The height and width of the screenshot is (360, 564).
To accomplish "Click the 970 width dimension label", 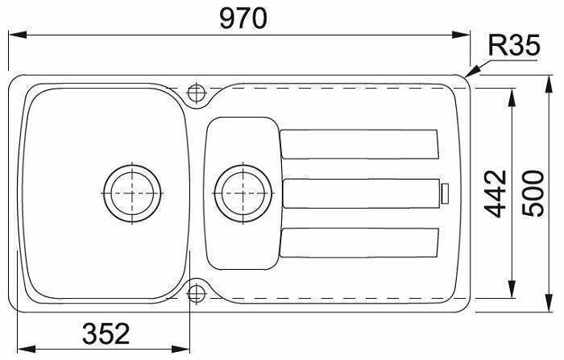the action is pos(243,19).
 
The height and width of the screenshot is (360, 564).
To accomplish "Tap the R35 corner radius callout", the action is pos(514,45).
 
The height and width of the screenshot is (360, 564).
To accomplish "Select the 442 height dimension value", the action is pos(496,194).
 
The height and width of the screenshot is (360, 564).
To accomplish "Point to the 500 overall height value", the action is pos(533,193).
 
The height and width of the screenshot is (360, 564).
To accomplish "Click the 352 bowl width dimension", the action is pos(106,333).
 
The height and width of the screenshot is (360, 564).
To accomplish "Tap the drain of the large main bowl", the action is pos(132,193).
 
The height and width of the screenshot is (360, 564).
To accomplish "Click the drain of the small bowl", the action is pos(243,193).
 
